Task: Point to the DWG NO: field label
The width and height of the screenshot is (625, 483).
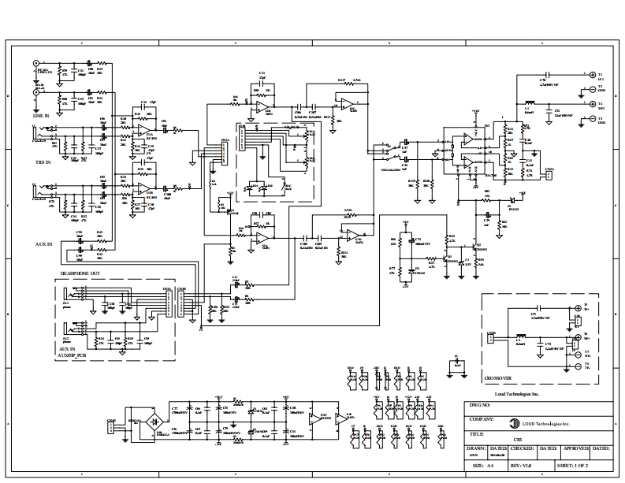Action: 479,406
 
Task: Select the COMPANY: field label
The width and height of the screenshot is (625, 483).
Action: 481,420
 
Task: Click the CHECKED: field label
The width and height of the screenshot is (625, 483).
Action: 523,448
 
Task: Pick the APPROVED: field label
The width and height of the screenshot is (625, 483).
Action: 573,448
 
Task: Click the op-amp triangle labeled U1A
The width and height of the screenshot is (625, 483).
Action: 144,130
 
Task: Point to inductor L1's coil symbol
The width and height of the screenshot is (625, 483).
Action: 530,102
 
